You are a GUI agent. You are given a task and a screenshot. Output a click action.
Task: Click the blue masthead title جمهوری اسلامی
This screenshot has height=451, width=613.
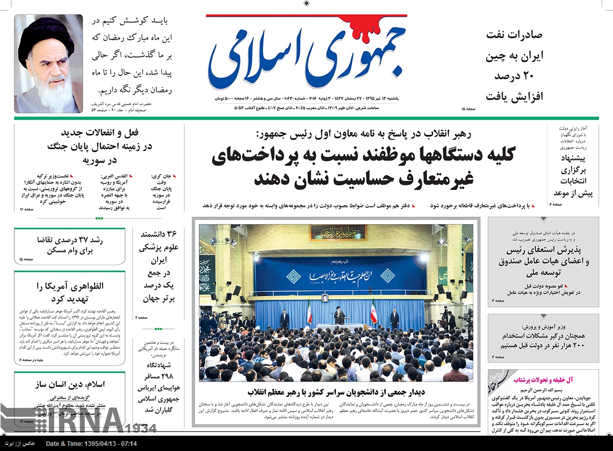pos(306,56)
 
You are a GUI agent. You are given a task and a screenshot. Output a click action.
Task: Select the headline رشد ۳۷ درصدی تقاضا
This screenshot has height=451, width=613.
pos(70,245)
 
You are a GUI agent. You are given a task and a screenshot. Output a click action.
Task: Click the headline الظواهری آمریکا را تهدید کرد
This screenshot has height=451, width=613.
pos(70,292)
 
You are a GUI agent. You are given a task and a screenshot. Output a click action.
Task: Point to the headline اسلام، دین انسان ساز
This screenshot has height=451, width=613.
pos(70,384)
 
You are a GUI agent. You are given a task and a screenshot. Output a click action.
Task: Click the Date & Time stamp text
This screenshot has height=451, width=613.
pos(91,443)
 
